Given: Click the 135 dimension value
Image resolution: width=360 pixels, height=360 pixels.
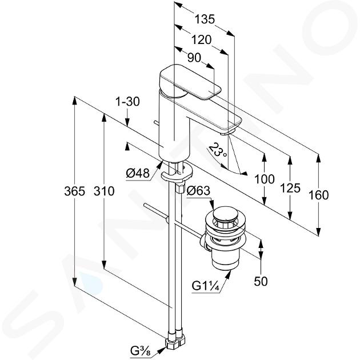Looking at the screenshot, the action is [x=205, y=19].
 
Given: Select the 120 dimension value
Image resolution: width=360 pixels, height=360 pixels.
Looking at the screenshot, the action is [x=201, y=40].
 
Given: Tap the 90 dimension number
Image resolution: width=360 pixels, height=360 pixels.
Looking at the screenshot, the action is [x=194, y=57].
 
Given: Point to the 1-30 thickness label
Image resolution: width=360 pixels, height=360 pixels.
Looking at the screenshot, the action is [x=127, y=102].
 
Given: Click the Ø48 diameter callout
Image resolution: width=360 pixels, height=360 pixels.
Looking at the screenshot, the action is [x=138, y=173].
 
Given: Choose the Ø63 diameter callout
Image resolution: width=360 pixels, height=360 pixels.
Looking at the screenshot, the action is [x=198, y=190].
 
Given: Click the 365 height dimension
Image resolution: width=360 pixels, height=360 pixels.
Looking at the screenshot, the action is [x=75, y=191].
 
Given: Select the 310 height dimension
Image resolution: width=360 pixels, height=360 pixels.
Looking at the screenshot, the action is [x=104, y=191].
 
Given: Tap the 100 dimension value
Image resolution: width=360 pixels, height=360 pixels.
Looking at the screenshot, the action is [x=265, y=179].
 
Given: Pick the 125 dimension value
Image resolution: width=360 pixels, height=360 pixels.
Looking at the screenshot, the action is [x=290, y=188].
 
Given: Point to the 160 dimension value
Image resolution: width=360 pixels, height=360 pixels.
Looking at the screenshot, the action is [x=318, y=195].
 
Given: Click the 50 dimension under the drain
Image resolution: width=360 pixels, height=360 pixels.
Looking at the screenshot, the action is [x=261, y=281].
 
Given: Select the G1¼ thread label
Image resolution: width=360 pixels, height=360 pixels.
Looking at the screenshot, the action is [x=205, y=286].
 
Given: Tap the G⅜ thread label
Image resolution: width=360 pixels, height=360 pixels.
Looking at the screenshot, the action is [x=140, y=351].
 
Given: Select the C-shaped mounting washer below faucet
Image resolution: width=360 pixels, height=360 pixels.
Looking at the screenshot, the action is [x=177, y=173].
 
